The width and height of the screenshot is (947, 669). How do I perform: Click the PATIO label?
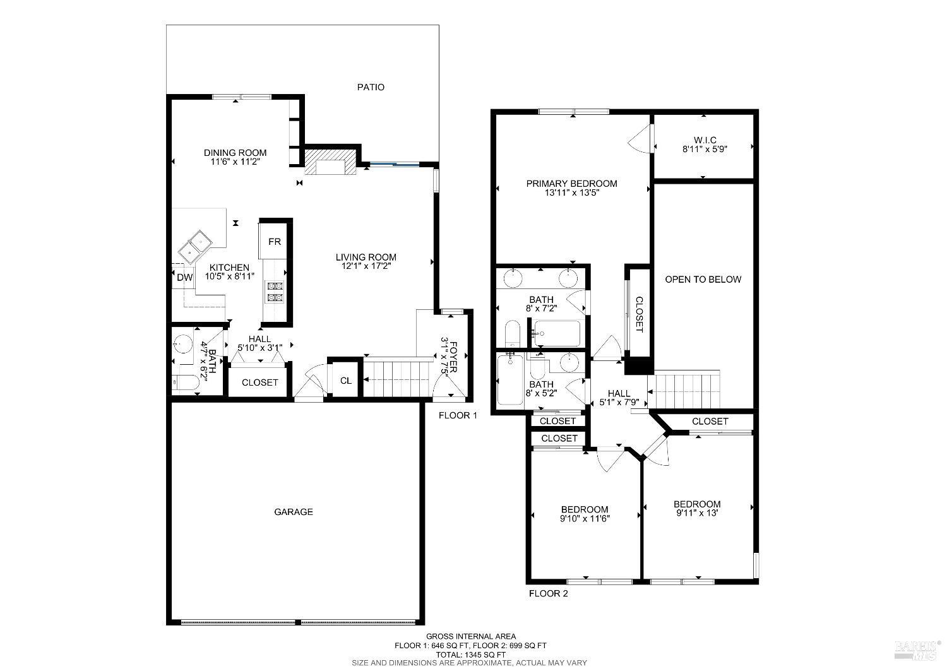tap(371, 87)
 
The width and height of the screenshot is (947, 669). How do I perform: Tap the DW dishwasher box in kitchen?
tap(184, 277)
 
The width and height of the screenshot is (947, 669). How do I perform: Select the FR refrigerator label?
tap(274, 242)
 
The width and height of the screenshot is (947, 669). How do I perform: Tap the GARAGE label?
tap(293, 512)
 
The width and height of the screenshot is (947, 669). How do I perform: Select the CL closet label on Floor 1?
tap(345, 381)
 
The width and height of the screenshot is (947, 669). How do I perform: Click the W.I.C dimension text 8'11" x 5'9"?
tap(704, 150)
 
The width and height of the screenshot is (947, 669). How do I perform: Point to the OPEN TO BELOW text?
tap(703, 279)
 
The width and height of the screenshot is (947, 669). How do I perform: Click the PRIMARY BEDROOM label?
tap(572, 184)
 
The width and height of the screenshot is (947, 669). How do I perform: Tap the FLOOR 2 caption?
tap(548, 593)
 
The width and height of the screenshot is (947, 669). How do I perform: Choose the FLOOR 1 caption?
tap(458, 415)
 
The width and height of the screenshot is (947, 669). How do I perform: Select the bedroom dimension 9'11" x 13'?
tap(697, 514)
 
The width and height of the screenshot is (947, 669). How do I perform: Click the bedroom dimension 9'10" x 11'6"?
tap(585, 519)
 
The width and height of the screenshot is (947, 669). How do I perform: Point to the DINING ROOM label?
tap(235, 153)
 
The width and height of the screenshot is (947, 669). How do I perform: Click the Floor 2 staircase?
tap(687, 390)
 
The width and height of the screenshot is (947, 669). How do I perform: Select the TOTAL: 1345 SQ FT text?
tap(470, 654)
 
